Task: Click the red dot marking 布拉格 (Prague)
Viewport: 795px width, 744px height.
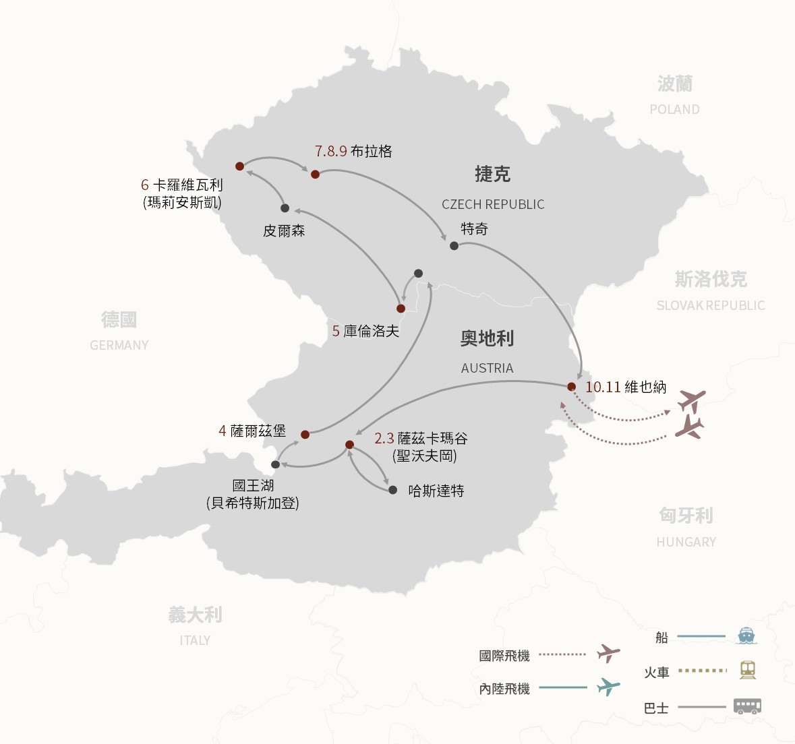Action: click(315, 175)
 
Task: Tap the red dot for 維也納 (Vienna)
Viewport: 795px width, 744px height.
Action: click(571, 387)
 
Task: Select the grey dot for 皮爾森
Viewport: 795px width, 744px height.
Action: click(285, 208)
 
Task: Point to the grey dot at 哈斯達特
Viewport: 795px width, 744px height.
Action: click(393, 490)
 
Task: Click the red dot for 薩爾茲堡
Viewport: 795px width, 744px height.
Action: click(305, 435)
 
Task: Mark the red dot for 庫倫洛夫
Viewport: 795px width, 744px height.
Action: click(401, 309)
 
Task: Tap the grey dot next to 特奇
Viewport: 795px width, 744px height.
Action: click(454, 246)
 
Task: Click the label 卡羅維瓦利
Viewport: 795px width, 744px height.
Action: click(187, 185)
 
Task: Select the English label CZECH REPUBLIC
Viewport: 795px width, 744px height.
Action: click(493, 204)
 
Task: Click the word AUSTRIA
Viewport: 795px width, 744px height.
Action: click(487, 368)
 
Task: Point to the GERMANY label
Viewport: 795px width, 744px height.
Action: click(119, 345)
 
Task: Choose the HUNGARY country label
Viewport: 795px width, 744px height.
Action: click(686, 542)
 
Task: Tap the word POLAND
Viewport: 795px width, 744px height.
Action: click(674, 109)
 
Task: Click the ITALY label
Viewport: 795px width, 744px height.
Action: click(195, 640)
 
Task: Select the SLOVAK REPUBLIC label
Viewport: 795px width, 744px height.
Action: click(711, 305)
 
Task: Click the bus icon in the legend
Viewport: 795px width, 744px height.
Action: click(747, 706)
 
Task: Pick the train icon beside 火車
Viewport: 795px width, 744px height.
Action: click(747, 670)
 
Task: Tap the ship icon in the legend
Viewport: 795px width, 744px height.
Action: click(746, 635)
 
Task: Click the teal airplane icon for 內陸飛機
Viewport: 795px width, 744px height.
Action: click(608, 687)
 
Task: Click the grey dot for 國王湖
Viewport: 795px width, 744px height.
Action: click(275, 465)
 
